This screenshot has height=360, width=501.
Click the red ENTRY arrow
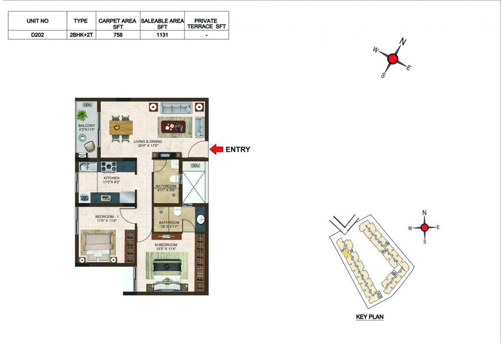pos(216,149)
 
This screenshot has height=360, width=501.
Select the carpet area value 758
pos(118,35)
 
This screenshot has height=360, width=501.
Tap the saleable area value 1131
pos(162,35)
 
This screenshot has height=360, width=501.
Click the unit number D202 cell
pos(37,35)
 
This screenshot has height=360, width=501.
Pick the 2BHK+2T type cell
pos(81,35)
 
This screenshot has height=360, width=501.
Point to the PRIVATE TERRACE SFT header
pos(206,23)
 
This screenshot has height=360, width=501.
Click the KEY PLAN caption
pos(370,317)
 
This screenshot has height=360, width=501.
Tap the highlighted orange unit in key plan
pos(346,254)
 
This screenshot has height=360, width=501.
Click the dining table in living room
pos(121,128)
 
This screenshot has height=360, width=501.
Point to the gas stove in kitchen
pos(109,166)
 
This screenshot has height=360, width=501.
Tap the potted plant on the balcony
pos(82,115)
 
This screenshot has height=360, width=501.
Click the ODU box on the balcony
pos(87,105)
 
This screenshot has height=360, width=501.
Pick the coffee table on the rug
pos(173,127)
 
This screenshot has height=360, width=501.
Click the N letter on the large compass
pos(403,42)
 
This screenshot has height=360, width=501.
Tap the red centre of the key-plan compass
pos(424,227)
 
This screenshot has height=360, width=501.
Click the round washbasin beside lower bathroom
pos(201,220)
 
